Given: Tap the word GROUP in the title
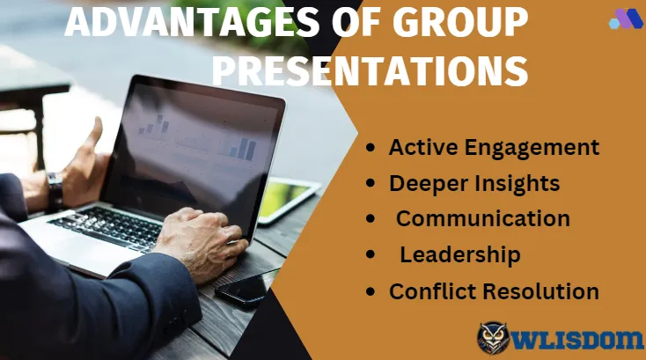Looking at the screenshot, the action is (460, 22).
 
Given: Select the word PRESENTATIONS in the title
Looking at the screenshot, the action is (370, 70).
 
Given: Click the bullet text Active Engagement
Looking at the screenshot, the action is (494, 148).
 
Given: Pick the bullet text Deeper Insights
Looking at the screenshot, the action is (474, 184).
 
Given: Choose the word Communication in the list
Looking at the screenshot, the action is (483, 218).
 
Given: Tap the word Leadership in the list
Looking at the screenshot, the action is (460, 255).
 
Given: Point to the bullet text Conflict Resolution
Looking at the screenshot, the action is (494, 291).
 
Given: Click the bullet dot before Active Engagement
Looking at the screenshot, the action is (371, 148).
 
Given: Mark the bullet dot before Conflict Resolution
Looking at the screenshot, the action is (371, 291).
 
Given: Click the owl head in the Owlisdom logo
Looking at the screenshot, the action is (493, 338).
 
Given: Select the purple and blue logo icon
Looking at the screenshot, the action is (626, 18).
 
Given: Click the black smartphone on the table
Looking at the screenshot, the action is (246, 288).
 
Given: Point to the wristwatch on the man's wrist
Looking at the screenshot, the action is (55, 191).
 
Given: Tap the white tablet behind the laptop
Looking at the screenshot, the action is (289, 200).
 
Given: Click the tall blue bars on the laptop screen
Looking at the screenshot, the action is (246, 148).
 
